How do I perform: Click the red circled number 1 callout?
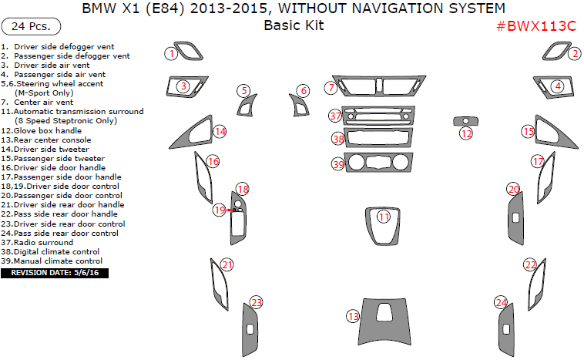pos(172,53)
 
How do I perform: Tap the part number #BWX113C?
pos(535,25)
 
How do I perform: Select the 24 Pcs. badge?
pos(32,26)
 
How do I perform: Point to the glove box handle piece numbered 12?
pos(465,121)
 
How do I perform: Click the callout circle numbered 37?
pos(335,116)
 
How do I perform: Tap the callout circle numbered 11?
pos(384,217)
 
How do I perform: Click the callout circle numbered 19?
pos(220,210)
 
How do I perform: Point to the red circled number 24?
pos(502,302)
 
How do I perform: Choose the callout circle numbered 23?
pos(256,302)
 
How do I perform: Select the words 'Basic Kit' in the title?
pos(294,25)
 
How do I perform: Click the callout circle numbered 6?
pos(304,91)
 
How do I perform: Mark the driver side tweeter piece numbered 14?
pos(193,136)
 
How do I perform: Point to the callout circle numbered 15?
pos(528,132)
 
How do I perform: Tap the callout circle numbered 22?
pos(529,264)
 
